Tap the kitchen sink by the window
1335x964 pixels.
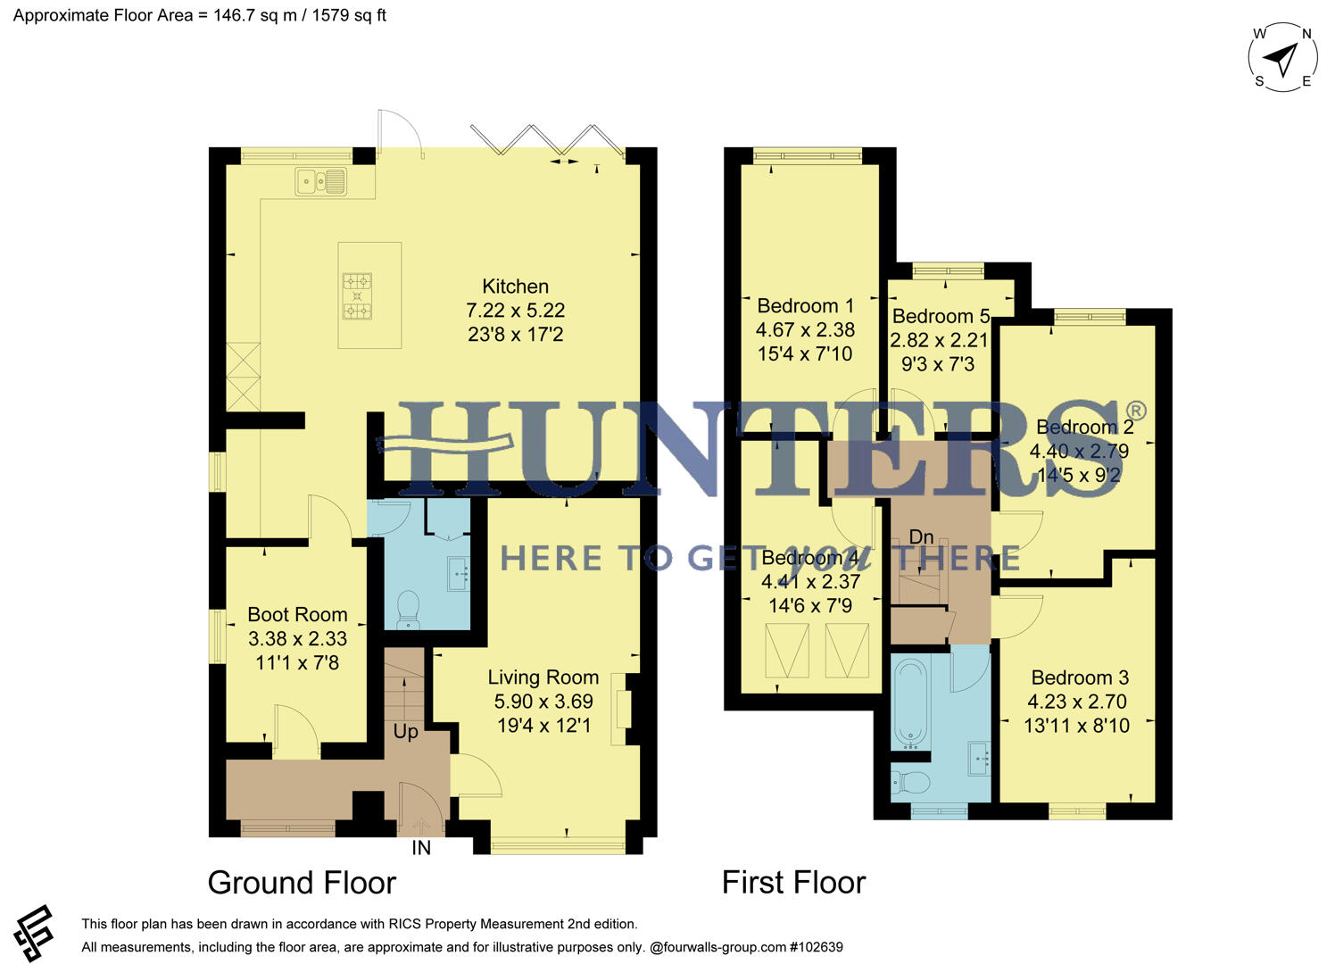(321, 182)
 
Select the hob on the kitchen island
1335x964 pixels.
(357, 296)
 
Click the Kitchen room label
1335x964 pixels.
(515, 287)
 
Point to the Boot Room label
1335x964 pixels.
(297, 615)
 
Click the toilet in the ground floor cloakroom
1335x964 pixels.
(408, 608)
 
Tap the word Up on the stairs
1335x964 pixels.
(406, 732)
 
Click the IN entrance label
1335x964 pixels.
(421, 849)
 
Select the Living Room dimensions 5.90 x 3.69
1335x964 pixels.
(543, 702)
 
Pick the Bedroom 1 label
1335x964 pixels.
(805, 306)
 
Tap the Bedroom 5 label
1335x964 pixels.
(941, 317)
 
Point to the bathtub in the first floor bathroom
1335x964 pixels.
(911, 704)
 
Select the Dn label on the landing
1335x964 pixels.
(921, 537)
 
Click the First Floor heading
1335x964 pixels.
(793, 883)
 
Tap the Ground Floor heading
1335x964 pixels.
(302, 883)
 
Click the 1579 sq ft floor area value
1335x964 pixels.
(349, 15)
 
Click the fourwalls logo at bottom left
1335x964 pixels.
(34, 934)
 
